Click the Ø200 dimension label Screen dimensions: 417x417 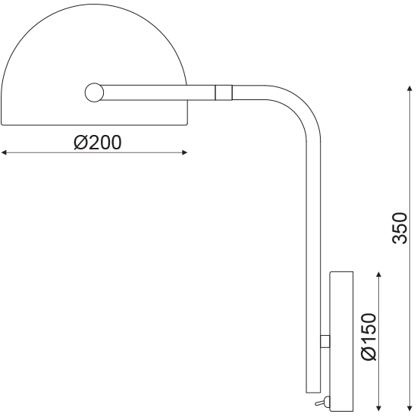tap(98, 142)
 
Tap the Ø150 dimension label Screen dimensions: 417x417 tap(368, 337)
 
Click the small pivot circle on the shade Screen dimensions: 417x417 tap(94, 92)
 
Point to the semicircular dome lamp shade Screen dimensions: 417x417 tap(95, 53)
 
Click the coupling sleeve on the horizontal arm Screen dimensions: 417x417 tap(223, 92)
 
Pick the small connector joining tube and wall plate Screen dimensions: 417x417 tap(325, 342)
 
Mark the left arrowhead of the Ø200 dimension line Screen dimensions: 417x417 tap(5, 153)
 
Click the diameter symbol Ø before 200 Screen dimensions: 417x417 tap(82, 142)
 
